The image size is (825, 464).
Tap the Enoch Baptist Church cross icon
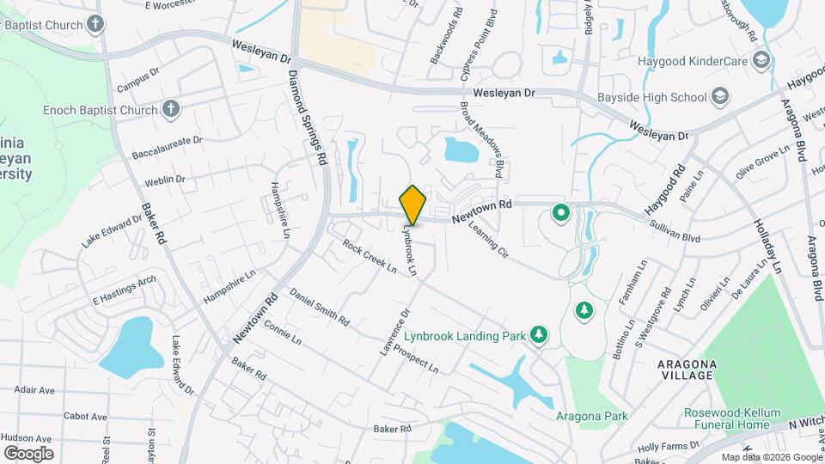coord(171,109)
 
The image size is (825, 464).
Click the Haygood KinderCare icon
coord(760,60)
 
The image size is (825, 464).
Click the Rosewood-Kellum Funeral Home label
coord(726,418)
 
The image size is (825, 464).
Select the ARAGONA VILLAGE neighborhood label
coord(687,370)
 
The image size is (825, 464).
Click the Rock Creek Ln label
coord(370,256)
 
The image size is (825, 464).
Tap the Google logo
coord(28,453)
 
